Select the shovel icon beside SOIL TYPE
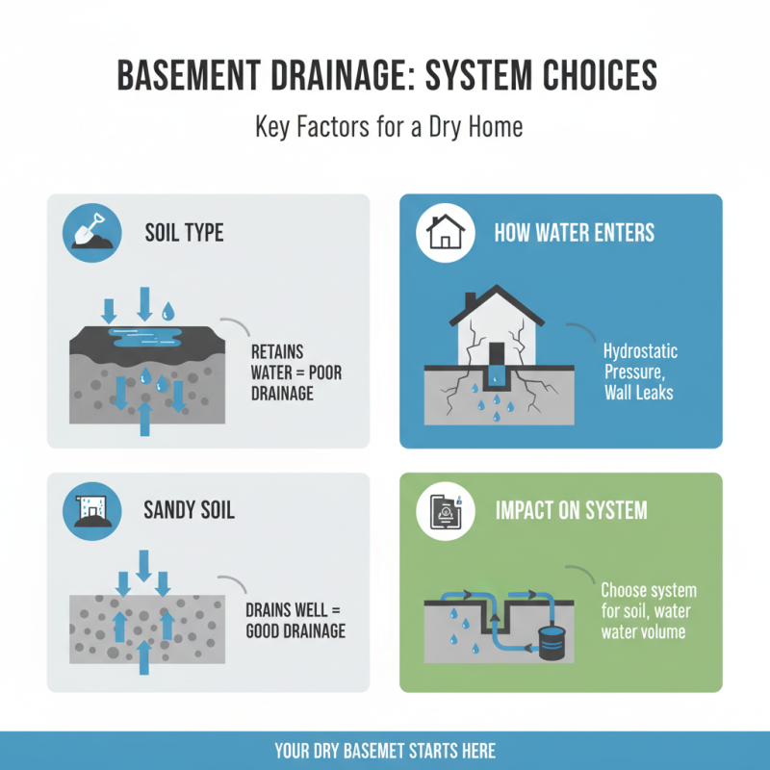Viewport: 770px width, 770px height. (x=90, y=232)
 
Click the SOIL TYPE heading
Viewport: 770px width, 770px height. (x=184, y=233)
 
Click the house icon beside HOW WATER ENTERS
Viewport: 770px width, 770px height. (x=446, y=232)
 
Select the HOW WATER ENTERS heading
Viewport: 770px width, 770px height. (x=574, y=233)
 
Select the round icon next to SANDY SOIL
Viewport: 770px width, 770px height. (x=90, y=510)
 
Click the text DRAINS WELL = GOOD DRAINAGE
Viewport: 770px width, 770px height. (x=295, y=621)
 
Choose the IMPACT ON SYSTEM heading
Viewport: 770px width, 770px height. (x=571, y=510)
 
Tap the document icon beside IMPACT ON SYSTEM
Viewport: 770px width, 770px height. (x=446, y=510)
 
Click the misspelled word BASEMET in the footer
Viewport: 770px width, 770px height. (x=392, y=751)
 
